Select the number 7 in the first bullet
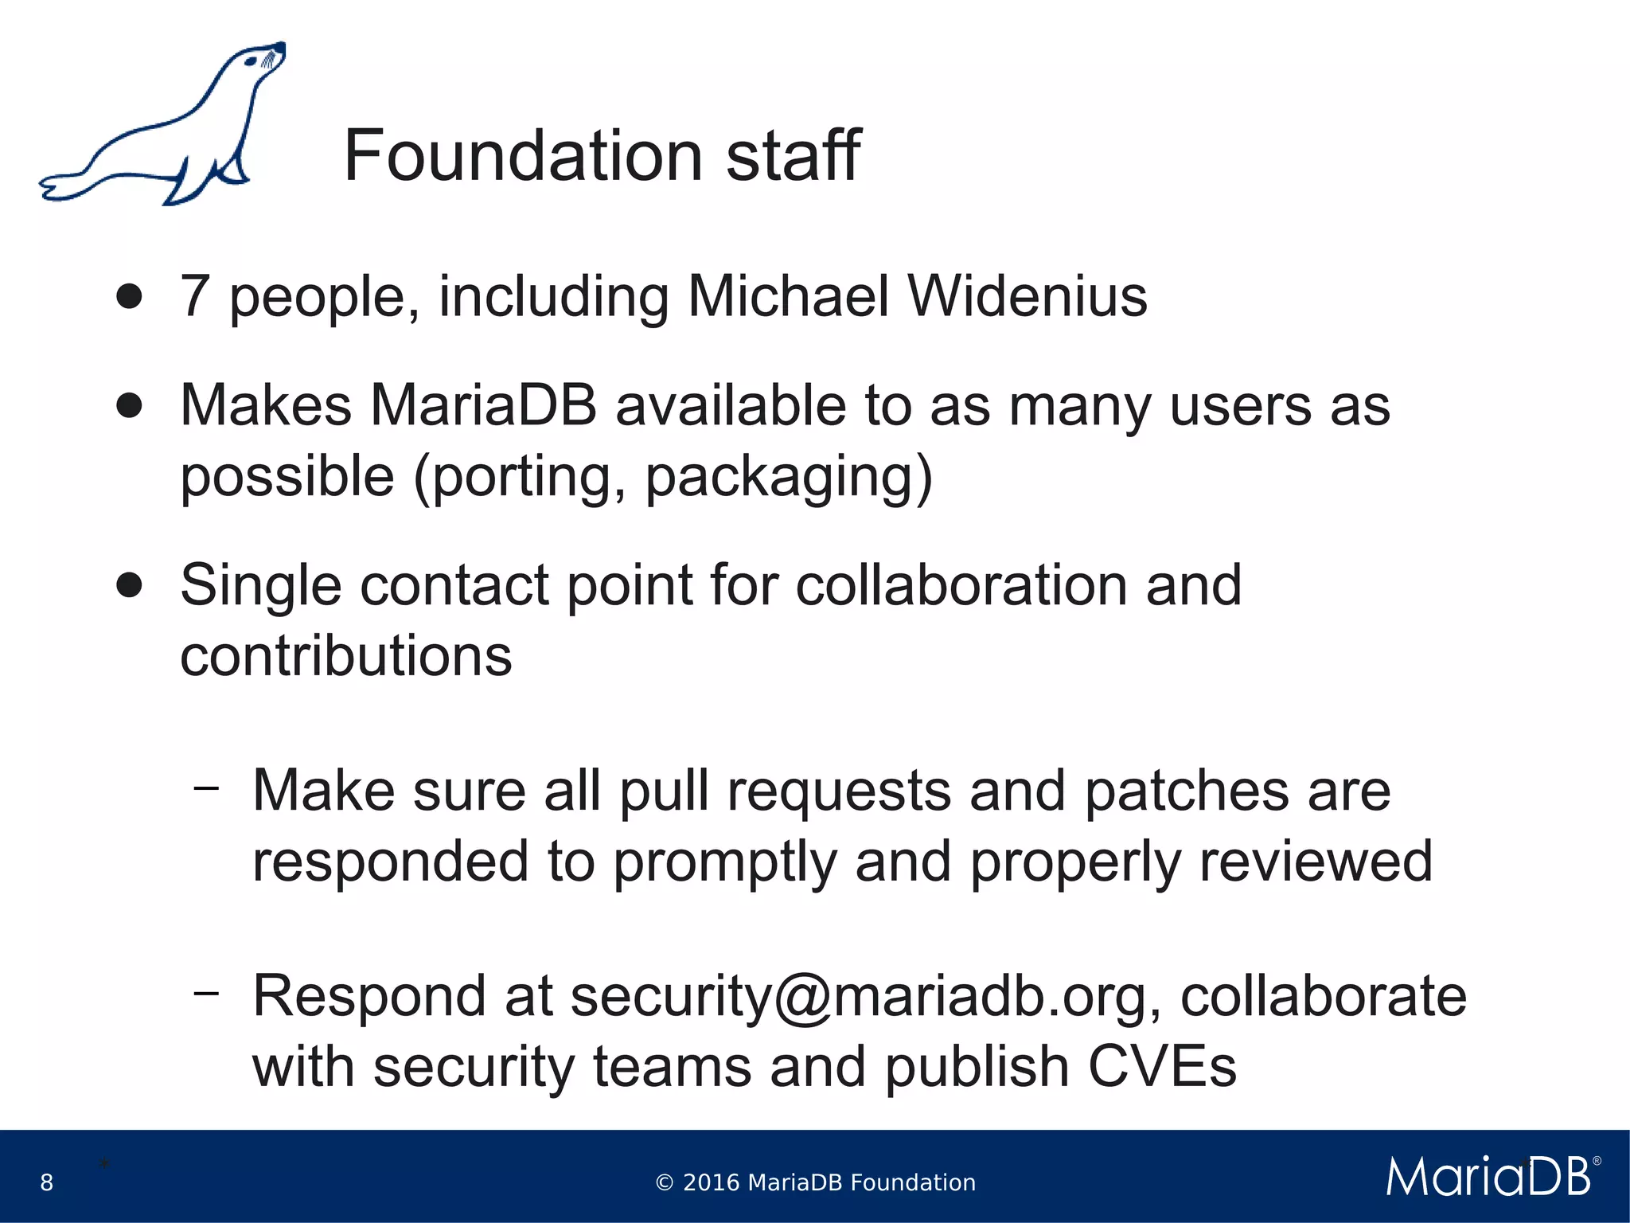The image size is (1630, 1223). [x=195, y=296]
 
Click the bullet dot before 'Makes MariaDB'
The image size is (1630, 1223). [x=129, y=405]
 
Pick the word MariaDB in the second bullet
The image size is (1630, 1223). [x=483, y=405]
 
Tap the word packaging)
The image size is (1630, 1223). [x=788, y=477]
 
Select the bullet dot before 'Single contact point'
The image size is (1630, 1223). [x=129, y=585]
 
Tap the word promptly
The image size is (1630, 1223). [x=724, y=862]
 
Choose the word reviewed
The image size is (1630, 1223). [x=1316, y=862]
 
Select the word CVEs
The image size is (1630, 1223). [x=1162, y=1067]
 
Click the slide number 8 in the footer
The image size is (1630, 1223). [x=47, y=1182]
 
